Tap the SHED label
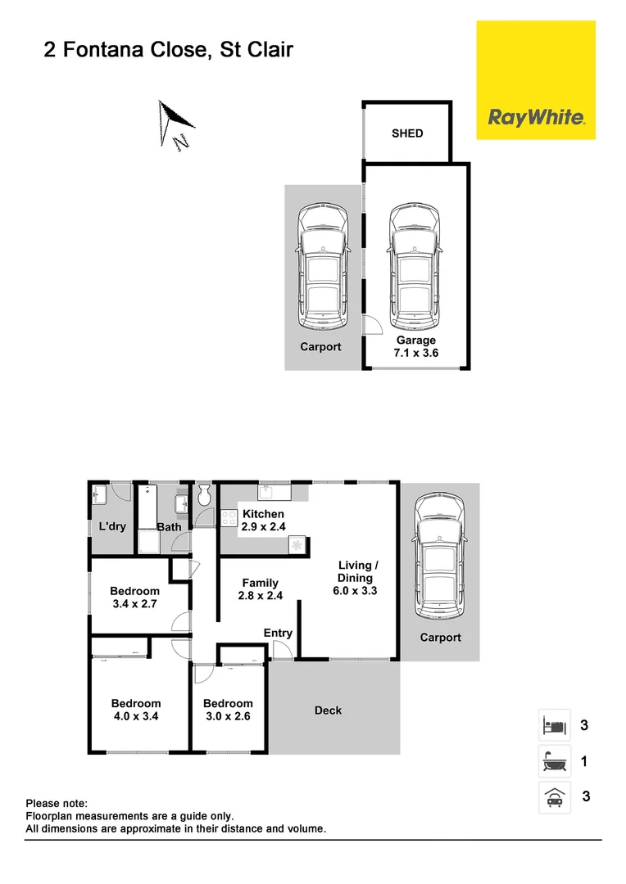tap(407, 133)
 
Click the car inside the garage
tap(415, 264)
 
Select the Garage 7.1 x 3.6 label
tap(416, 347)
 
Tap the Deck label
tap(328, 710)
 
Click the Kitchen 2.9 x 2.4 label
tap(263, 521)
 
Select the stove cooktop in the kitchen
tap(229, 518)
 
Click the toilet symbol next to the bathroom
tap(204, 494)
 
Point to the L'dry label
tap(112, 526)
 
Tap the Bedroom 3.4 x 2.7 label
tap(134, 598)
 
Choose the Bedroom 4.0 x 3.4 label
tap(135, 710)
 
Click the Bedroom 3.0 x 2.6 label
tap(228, 710)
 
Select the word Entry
tap(278, 633)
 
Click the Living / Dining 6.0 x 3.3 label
tap(357, 578)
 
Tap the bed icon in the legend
tap(553, 725)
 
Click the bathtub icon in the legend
tap(553, 762)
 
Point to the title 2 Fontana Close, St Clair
tap(168, 51)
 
